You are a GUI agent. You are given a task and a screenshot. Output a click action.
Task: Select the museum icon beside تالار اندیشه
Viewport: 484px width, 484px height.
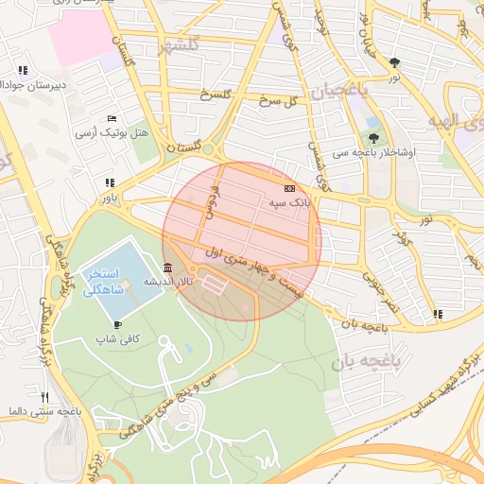point(167,267)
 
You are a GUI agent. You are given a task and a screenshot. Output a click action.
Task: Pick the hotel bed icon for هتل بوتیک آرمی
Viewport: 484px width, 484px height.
point(112,118)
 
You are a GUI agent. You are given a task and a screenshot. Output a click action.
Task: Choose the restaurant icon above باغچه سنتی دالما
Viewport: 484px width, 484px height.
point(44,397)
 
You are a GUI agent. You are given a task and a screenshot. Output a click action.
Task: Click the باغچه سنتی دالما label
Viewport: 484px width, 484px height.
point(44,412)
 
